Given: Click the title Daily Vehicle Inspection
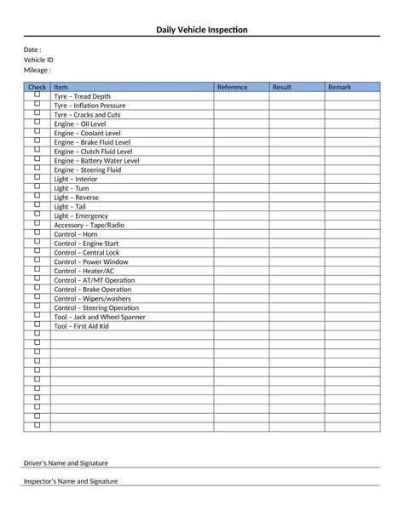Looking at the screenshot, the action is [x=202, y=31].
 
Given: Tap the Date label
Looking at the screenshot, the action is [x=32, y=49].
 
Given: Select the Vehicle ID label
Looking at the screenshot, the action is [x=38, y=60].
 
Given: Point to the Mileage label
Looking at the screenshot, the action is [x=37, y=70].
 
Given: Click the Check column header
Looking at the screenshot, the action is [x=37, y=87].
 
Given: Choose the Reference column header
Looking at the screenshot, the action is [x=232, y=87].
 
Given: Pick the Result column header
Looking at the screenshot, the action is [x=281, y=87].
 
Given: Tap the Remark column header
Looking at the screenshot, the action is [x=338, y=87].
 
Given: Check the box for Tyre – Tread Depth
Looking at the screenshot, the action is [x=37, y=95].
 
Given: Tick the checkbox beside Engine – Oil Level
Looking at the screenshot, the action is [x=37, y=123].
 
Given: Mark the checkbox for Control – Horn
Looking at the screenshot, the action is [x=37, y=233].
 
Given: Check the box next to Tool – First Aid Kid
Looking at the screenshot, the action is [x=37, y=325].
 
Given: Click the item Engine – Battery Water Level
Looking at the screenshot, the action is [x=96, y=160].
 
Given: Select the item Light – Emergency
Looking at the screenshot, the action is [x=81, y=215].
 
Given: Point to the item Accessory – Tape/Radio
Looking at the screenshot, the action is [x=89, y=225].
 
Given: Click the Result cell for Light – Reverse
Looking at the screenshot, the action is [x=297, y=197].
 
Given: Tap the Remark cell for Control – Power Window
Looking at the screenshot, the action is [x=352, y=261].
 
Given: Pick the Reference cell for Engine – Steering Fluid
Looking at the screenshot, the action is [x=241, y=169].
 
